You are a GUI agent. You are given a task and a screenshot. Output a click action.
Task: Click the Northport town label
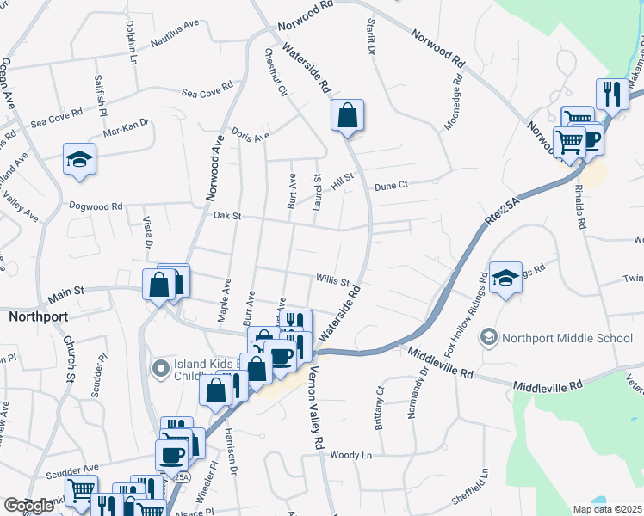(38, 316)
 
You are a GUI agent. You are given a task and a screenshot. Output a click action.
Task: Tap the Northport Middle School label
(568, 337)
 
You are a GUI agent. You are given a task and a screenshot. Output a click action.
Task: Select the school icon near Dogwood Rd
(79, 159)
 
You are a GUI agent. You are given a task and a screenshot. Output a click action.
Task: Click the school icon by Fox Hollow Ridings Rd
(506, 278)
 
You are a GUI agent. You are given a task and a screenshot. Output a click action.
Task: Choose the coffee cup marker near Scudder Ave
(172, 455)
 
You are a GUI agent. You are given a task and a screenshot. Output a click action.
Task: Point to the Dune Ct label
(390, 185)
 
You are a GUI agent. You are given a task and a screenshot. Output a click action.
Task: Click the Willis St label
(331, 280)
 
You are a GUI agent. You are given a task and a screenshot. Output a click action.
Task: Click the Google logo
(28, 506)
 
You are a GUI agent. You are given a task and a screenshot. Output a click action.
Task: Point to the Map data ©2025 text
(608, 508)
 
